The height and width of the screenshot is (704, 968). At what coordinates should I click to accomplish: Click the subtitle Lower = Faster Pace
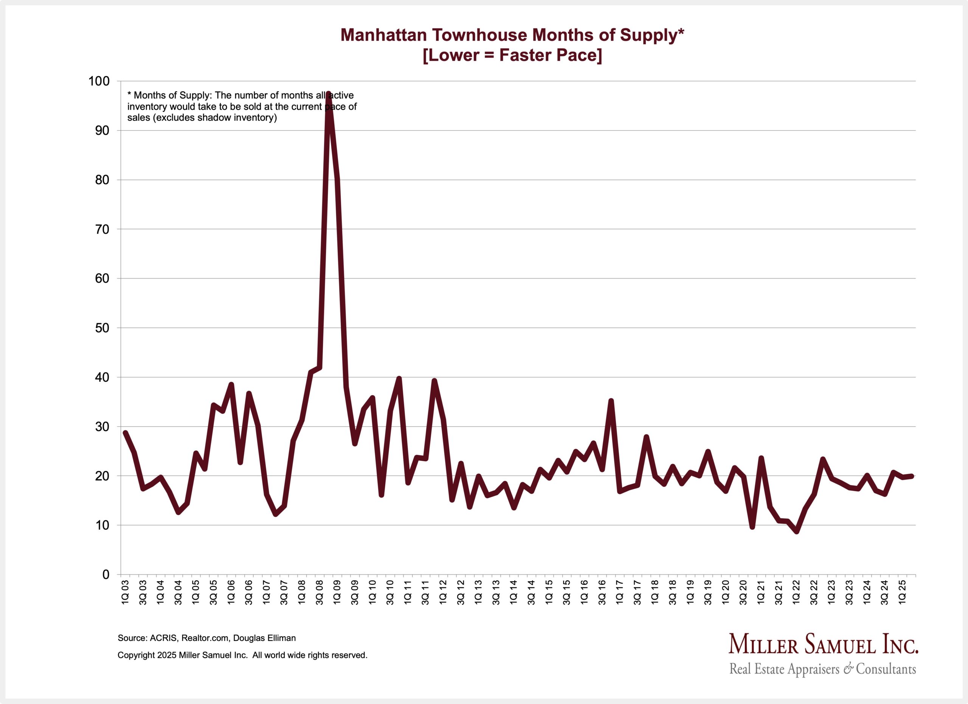[x=512, y=56]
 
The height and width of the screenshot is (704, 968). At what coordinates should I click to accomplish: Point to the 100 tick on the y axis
[x=99, y=81]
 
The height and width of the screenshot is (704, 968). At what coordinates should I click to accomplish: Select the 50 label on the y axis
[x=102, y=328]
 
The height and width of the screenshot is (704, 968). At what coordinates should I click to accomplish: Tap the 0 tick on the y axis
[x=106, y=575]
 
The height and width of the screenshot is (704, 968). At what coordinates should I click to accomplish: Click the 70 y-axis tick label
[x=102, y=229]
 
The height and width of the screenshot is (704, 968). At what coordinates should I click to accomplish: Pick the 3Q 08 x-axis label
[x=320, y=592]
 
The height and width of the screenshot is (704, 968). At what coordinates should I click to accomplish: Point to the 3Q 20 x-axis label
[x=743, y=592]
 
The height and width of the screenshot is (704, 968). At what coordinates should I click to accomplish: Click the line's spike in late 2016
[x=611, y=401]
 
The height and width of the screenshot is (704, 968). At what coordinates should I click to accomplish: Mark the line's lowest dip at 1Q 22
[x=796, y=532]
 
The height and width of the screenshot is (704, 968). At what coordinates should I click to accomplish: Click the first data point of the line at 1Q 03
[x=125, y=433]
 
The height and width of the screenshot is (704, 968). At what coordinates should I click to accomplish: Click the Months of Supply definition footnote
[x=242, y=107]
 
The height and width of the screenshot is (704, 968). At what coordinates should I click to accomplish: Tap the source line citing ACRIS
[x=206, y=638]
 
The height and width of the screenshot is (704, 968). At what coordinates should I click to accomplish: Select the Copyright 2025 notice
[x=242, y=655]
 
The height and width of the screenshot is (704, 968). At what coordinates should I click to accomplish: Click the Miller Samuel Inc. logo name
[x=823, y=644]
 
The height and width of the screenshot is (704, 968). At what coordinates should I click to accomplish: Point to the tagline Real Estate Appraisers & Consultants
[x=822, y=668]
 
